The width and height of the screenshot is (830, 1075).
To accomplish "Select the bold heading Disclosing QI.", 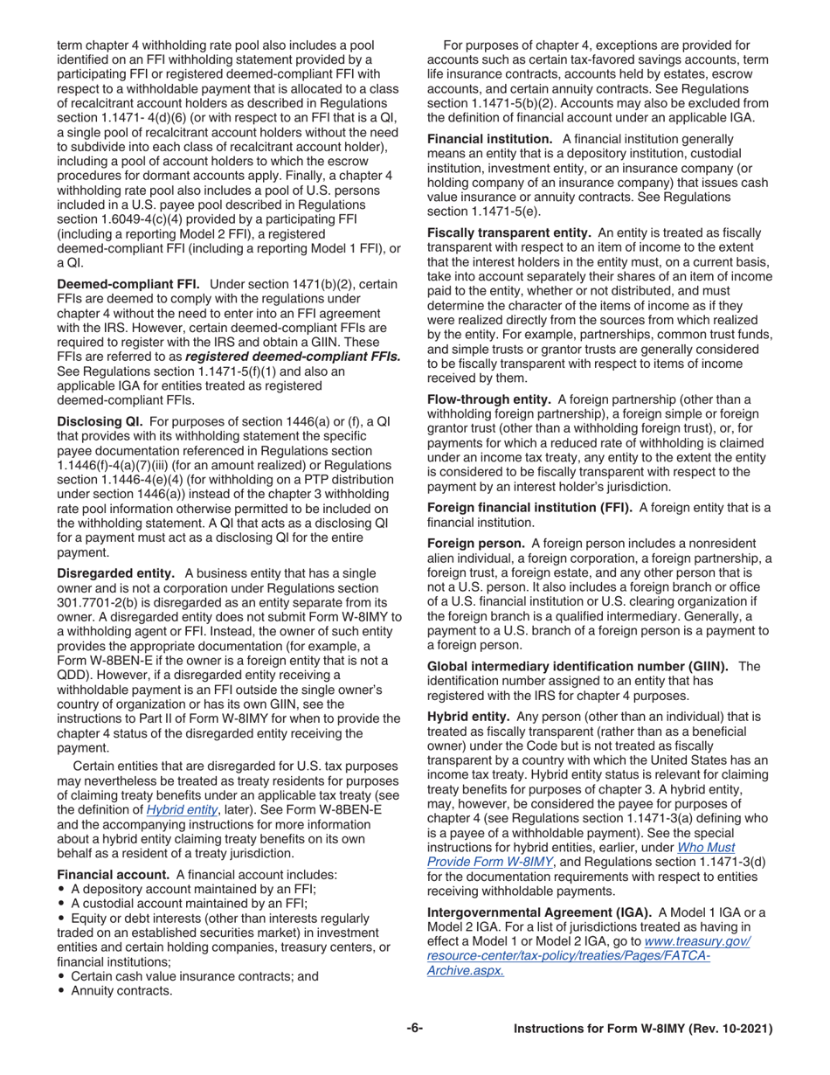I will (x=97, y=421).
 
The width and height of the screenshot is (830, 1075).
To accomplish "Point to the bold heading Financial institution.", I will (x=489, y=139).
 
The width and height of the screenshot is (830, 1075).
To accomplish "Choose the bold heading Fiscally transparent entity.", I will (x=508, y=233).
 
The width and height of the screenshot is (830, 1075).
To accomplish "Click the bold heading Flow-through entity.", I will (x=490, y=399).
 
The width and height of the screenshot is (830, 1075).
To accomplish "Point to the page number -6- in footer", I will (x=415, y=1030).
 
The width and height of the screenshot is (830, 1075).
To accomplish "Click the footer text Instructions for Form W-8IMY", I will (x=643, y=1030).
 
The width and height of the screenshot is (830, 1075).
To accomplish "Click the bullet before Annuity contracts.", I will (x=61, y=991).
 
